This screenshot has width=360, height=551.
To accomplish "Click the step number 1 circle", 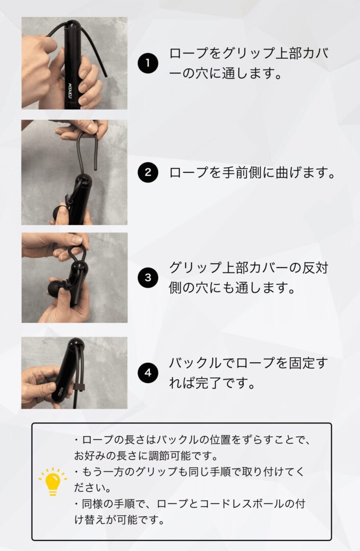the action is tap(148, 63).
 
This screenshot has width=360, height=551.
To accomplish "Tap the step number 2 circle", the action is tap(148, 172).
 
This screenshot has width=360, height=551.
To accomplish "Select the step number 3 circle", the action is tap(148, 278).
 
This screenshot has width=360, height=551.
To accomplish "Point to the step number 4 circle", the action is tap(148, 373).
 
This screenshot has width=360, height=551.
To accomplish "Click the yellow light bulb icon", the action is tap(53, 482).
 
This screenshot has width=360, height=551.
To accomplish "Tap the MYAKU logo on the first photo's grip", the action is tap(70, 89).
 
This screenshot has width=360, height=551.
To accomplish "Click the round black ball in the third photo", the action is tap(56, 288).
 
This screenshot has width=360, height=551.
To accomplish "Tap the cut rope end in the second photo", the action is tap(95, 168).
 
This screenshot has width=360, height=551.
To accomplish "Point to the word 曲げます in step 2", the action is tap(302, 172).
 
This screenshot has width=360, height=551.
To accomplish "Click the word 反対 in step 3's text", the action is tap(315, 268).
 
